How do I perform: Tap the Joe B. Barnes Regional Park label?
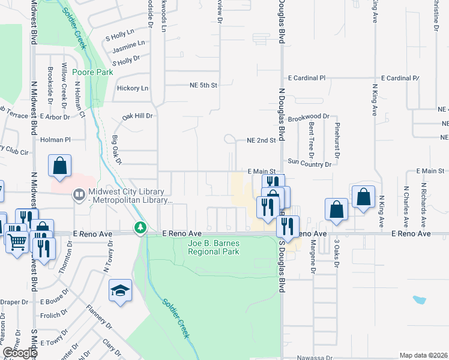(214, 247)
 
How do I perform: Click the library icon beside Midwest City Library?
(79, 194)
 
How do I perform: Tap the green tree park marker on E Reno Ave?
(140, 227)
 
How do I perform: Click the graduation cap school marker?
(120, 292)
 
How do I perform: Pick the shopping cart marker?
(18, 242)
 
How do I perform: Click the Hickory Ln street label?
(132, 88)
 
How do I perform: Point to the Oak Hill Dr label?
(138, 116)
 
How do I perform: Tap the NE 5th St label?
(200, 85)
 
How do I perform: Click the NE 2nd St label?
(261, 140)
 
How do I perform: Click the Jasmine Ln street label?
(133, 44)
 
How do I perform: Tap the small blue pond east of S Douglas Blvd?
(418, 299)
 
